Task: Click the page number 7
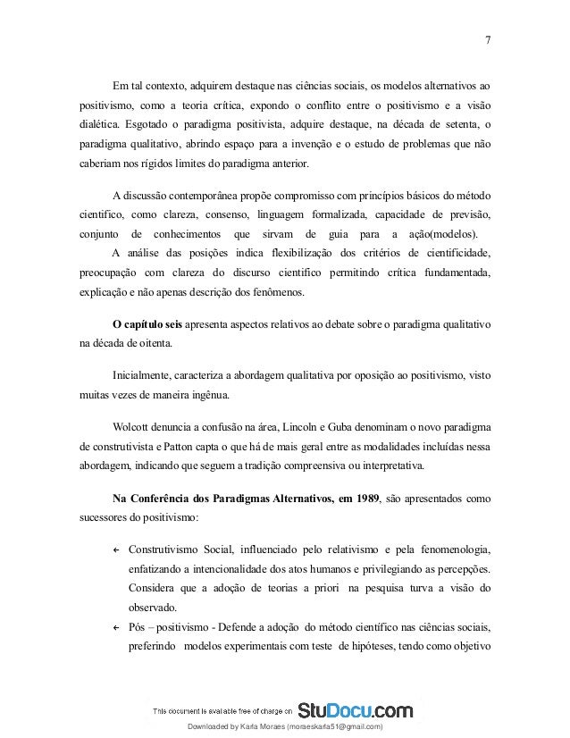[x=486, y=39]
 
